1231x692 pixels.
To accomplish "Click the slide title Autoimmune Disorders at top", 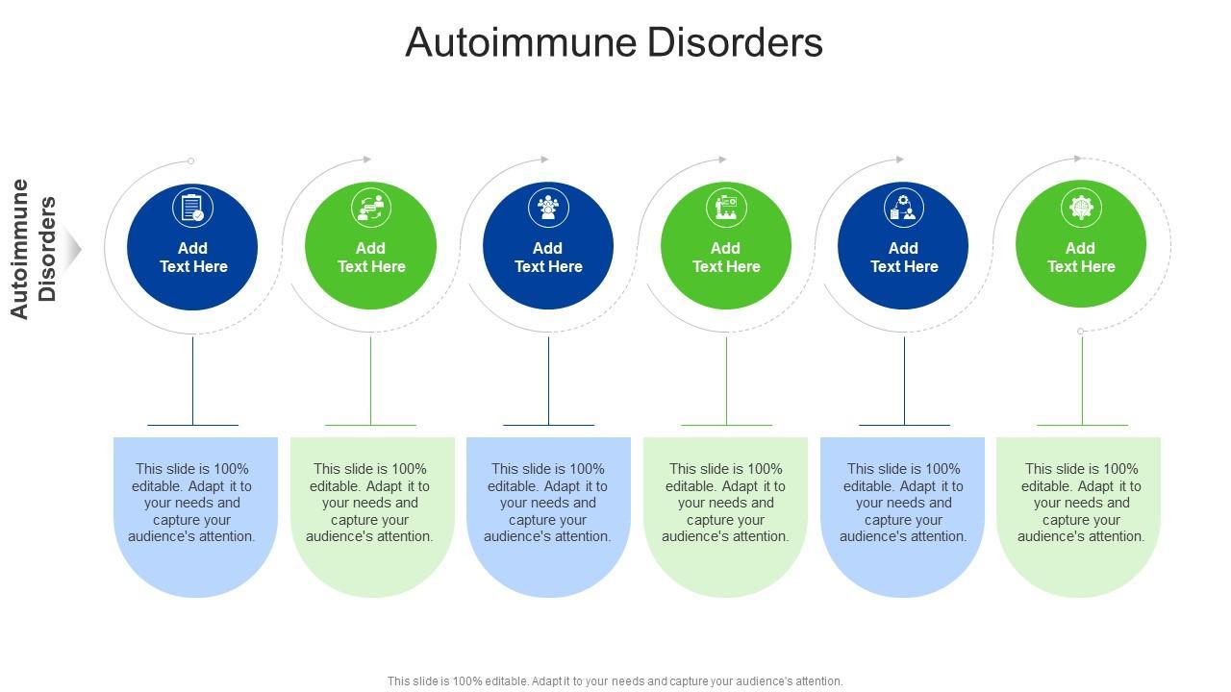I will [614, 43].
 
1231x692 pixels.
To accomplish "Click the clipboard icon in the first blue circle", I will [192, 208].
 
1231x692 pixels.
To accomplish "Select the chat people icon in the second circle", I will [370, 208].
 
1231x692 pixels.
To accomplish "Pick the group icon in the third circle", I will [548, 208].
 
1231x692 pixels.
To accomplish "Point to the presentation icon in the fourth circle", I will [726, 208].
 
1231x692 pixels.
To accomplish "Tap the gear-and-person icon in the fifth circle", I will [904, 208].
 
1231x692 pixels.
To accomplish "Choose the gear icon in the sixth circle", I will [1081, 208].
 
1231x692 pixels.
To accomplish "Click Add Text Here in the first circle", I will [192, 258].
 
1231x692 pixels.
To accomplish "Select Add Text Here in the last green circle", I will [1081, 258].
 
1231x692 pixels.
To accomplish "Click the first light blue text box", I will [195, 509].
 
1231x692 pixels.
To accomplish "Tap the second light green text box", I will [372, 509].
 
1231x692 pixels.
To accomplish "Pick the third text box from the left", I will [548, 509].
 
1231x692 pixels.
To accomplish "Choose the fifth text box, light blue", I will [902, 509].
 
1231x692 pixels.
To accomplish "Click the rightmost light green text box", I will [1079, 509].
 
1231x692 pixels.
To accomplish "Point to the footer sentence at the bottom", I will [615, 681].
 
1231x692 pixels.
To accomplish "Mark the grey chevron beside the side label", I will [74, 249].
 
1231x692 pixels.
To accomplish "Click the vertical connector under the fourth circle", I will [726, 380].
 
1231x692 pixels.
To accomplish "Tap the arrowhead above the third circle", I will [544, 160].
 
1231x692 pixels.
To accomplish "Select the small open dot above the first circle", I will [190, 161].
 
